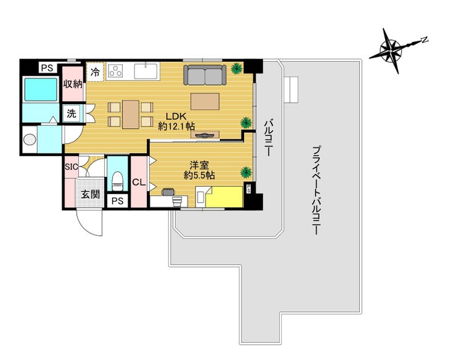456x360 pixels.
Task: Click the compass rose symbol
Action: (x=391, y=51)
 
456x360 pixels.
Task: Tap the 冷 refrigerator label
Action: (x=95, y=72)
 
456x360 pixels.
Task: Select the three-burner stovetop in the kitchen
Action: (x=115, y=71)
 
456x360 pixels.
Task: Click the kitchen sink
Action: (x=145, y=71)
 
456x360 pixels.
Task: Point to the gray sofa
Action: (x=205, y=75)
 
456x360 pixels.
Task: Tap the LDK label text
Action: (x=176, y=116)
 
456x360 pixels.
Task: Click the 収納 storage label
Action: (x=73, y=84)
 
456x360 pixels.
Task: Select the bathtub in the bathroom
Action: (x=41, y=89)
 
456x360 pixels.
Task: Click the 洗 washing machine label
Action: (x=71, y=113)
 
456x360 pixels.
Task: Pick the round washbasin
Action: (x=30, y=139)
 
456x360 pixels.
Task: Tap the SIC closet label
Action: (x=71, y=167)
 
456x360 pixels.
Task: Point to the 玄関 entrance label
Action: (x=90, y=194)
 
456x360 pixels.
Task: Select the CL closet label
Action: (x=139, y=182)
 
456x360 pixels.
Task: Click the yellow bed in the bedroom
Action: (x=224, y=197)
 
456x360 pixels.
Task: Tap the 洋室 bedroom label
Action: (x=199, y=165)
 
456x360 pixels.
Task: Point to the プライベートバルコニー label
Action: (x=316, y=190)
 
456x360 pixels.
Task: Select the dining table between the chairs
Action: (x=131, y=115)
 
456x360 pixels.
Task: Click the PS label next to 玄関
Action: (x=118, y=201)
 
